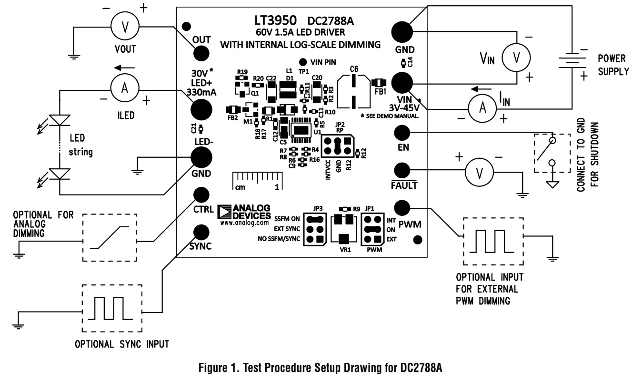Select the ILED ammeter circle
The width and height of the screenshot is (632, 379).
[x=124, y=88]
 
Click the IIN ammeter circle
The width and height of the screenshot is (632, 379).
[x=482, y=108]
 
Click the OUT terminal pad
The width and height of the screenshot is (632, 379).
[x=201, y=52]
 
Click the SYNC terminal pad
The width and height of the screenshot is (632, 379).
[x=201, y=232]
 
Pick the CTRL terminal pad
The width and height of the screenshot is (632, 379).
[x=201, y=194]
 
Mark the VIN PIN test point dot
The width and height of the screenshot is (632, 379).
[x=302, y=62]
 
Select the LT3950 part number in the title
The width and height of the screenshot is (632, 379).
[x=275, y=20]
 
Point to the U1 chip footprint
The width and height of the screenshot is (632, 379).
[x=301, y=130]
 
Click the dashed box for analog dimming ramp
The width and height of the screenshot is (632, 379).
[x=110, y=237]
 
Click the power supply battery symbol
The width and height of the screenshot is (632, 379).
[x=571, y=60]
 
